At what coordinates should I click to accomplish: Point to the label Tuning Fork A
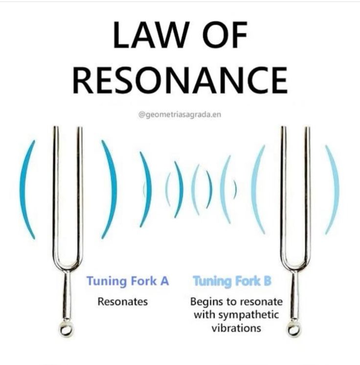[x=128, y=281]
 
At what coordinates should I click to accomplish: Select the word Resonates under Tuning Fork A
[x=122, y=301]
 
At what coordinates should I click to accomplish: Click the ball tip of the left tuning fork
[x=66, y=329]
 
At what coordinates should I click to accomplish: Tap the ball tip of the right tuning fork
[x=293, y=328]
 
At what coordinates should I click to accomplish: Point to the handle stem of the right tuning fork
[x=294, y=296]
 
